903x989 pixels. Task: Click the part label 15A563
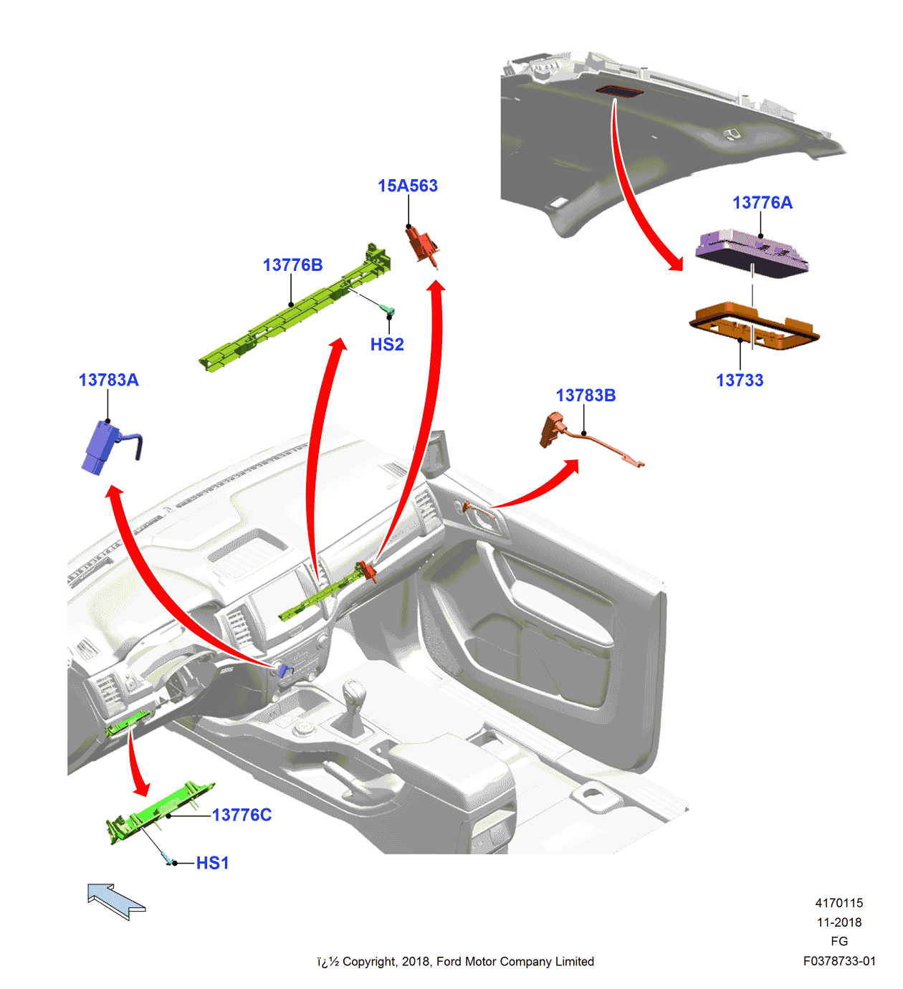(x=407, y=186)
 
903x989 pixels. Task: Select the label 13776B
(x=292, y=265)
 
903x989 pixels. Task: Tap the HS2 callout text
(x=387, y=345)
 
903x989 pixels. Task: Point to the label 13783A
(x=108, y=380)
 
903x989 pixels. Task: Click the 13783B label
(x=586, y=396)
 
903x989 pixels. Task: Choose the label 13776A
(x=762, y=203)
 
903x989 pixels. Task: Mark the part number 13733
(x=740, y=381)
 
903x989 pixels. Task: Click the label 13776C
(x=242, y=815)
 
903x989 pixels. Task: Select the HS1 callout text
(x=213, y=863)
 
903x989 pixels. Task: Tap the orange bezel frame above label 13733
(x=753, y=328)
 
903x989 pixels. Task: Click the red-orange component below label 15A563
(x=423, y=244)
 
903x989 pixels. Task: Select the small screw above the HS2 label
(x=388, y=310)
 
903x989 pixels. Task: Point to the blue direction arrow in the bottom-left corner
(x=115, y=901)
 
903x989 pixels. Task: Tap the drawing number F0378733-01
(x=838, y=961)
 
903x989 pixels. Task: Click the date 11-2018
(x=838, y=922)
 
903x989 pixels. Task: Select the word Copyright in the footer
(x=368, y=962)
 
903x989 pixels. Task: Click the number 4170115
(x=838, y=903)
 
